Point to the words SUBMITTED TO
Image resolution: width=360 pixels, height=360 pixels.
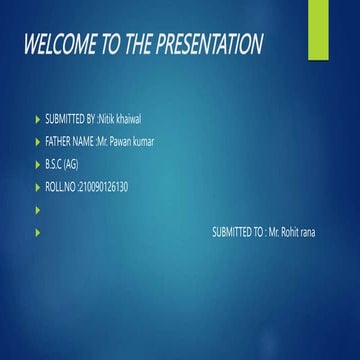click(x=237, y=232)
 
